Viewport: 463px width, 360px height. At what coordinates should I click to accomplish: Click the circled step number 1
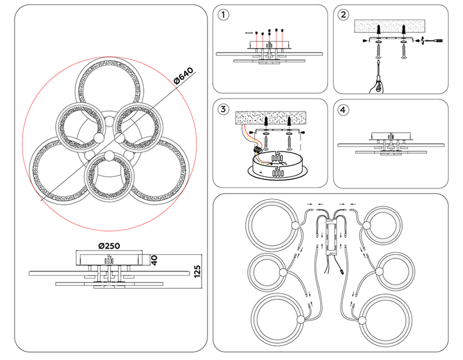pyautogui.click(x=224, y=15)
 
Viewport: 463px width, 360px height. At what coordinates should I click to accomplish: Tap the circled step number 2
pyautogui.click(x=343, y=15)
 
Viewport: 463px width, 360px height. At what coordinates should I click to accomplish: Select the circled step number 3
pyautogui.click(x=224, y=109)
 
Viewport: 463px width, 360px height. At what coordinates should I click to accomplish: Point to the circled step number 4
pyautogui.click(x=342, y=110)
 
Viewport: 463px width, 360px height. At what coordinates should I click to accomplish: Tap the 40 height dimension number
pyautogui.click(x=155, y=259)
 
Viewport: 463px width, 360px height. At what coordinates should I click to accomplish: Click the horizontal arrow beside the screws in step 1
pyautogui.click(x=248, y=33)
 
